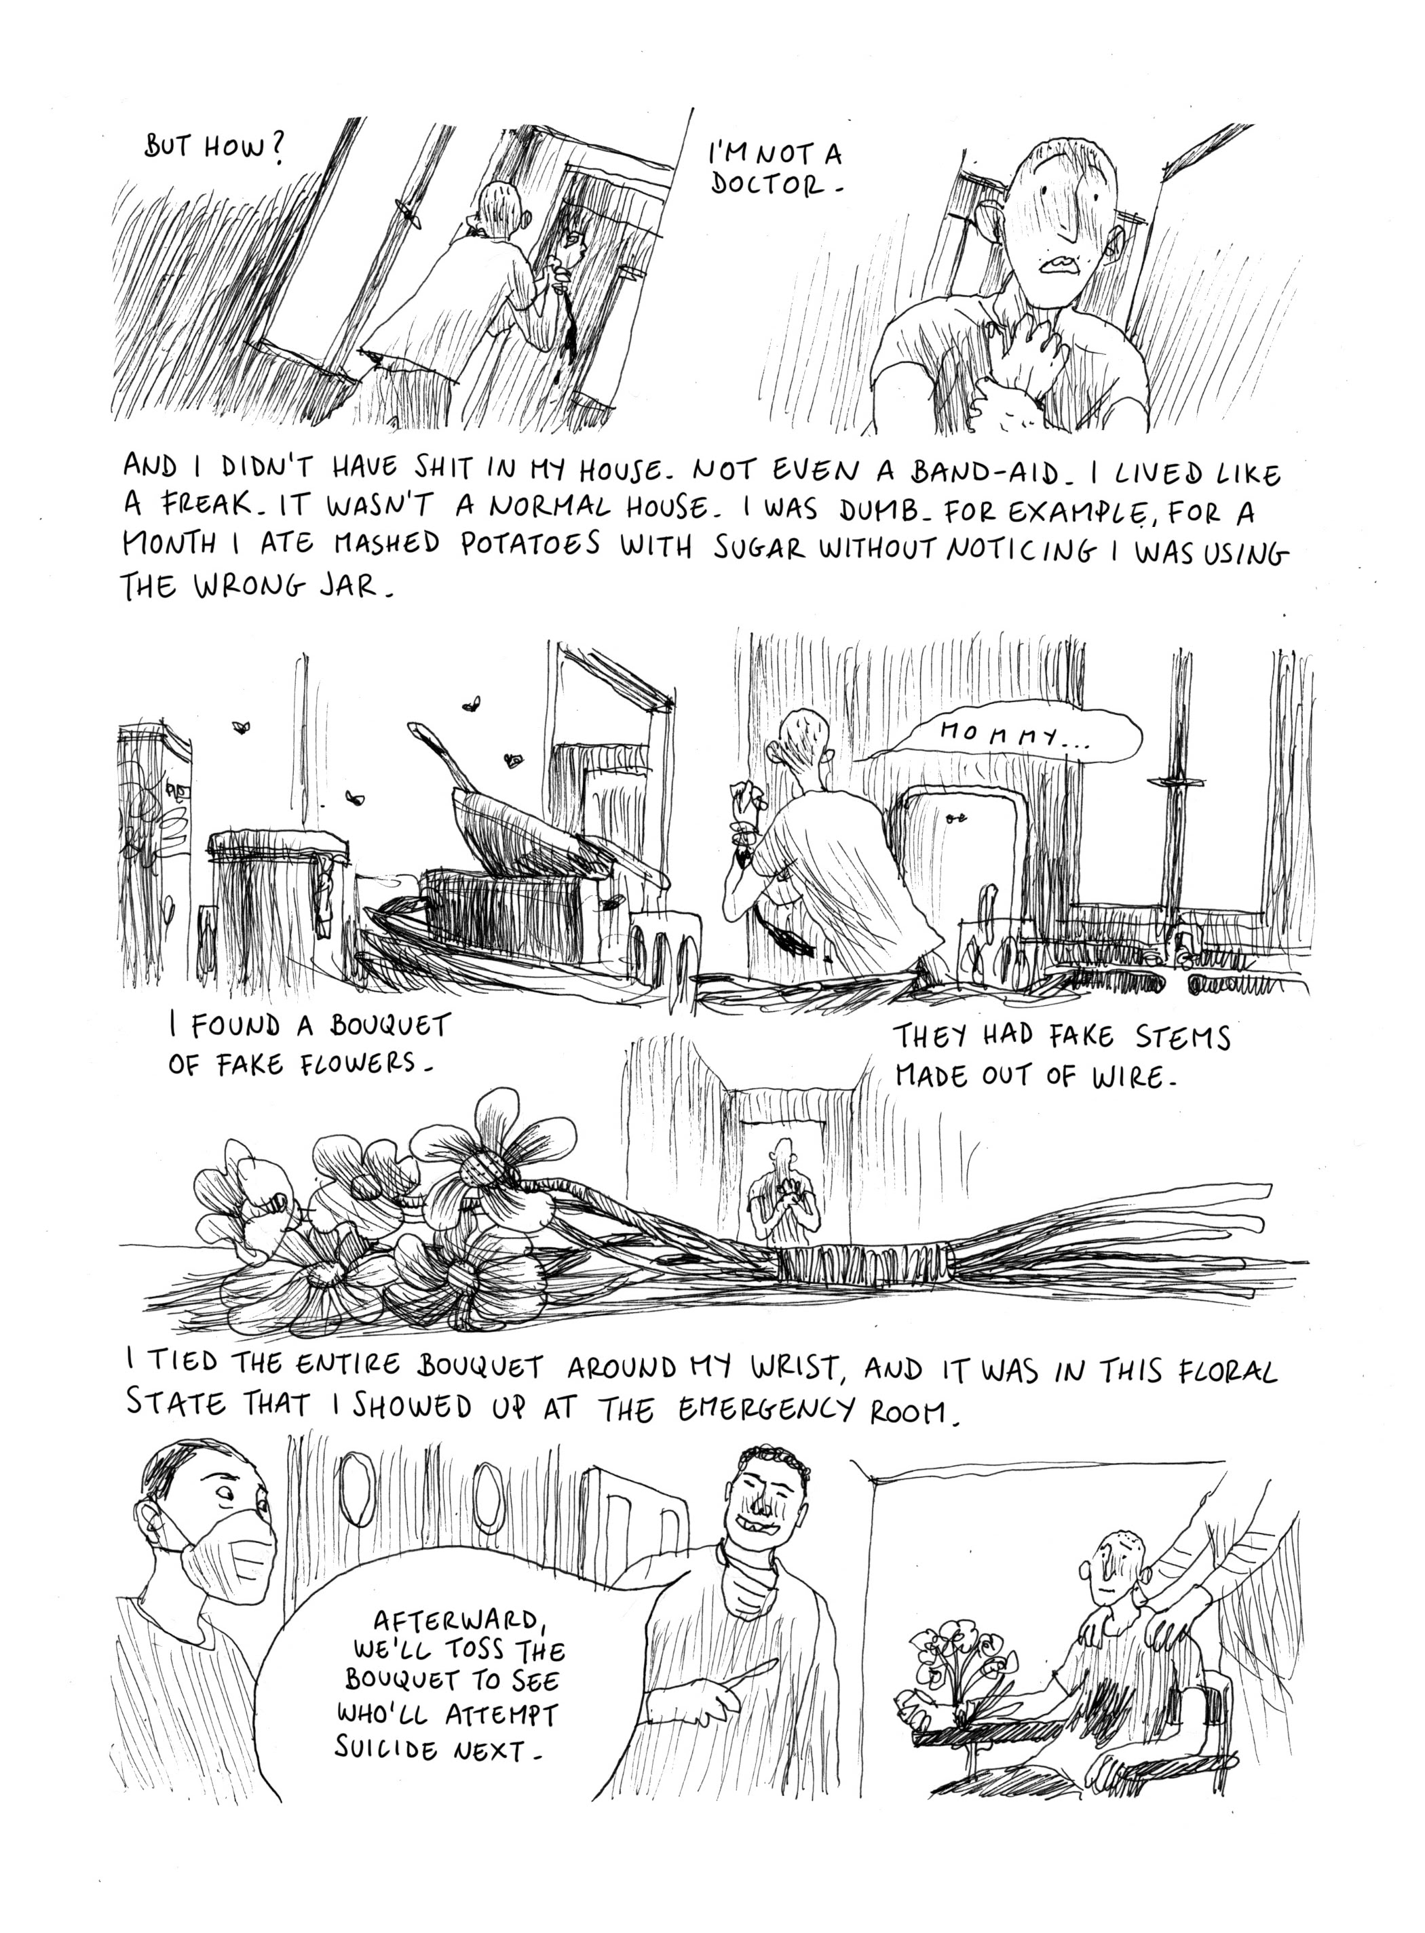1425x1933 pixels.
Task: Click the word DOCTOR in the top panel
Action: tap(769, 184)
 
